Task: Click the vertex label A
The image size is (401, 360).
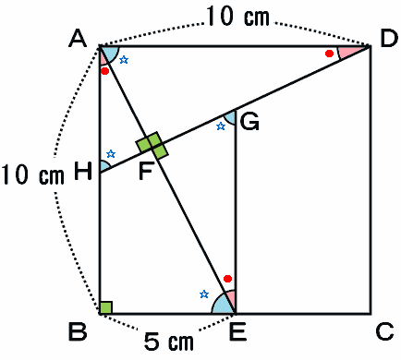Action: (x=78, y=39)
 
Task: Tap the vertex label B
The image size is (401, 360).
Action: (x=78, y=331)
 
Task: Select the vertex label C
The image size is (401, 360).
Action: (x=385, y=331)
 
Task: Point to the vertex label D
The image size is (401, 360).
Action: (x=389, y=39)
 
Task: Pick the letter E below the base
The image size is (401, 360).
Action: (x=237, y=331)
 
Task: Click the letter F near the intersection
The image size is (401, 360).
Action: (x=145, y=171)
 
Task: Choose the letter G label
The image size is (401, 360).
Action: (x=249, y=122)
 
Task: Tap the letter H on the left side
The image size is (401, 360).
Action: (x=83, y=171)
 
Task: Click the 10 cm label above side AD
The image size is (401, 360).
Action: (x=237, y=17)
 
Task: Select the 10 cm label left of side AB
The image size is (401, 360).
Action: (x=33, y=175)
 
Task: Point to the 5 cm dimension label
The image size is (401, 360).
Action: (x=169, y=342)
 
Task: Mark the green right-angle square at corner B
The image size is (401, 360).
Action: (x=105, y=307)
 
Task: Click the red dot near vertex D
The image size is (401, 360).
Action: (x=329, y=54)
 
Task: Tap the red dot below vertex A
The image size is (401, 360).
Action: (x=105, y=71)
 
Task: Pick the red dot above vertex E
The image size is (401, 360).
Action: (x=227, y=279)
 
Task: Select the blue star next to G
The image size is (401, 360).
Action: (x=221, y=126)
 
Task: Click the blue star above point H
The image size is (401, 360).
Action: (x=111, y=154)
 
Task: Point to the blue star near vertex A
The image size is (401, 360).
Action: (x=124, y=60)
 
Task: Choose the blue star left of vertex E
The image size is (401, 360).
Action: (x=204, y=294)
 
